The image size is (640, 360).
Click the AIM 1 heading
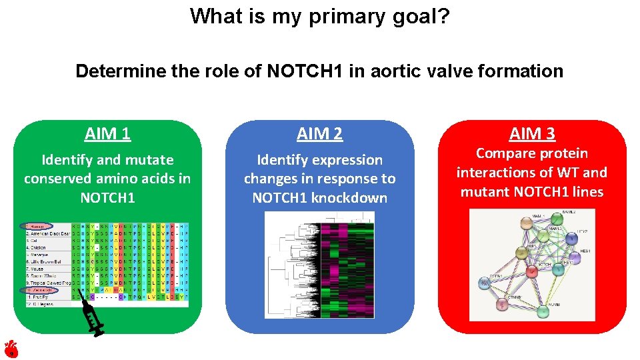click(107, 134)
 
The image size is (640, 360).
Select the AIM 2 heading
click(319, 134)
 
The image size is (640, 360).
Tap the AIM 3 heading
click(531, 134)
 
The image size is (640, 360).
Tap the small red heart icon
click(10, 348)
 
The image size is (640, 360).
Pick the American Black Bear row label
click(47, 233)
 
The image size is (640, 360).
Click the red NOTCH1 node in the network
click(531, 271)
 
